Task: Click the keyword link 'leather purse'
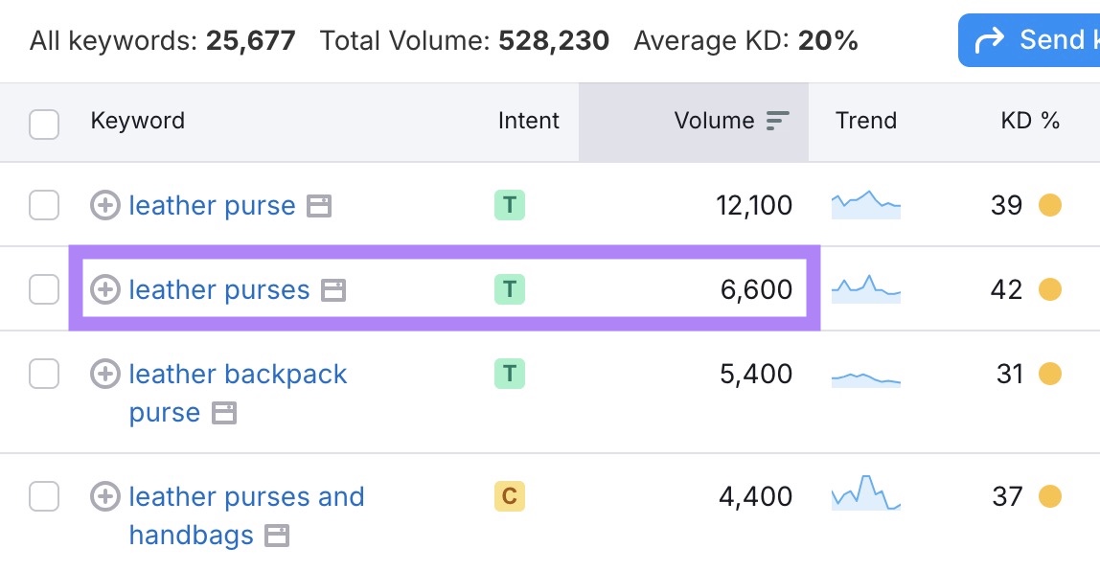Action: coord(212,205)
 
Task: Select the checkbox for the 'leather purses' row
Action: coord(44,289)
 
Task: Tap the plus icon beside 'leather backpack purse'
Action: coord(105,374)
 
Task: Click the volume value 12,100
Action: coord(754,205)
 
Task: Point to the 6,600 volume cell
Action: coord(756,289)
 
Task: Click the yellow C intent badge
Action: coord(510,496)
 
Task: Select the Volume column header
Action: coord(714,121)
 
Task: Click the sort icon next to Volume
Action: coord(778,121)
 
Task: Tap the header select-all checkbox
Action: coord(44,124)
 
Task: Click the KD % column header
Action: coord(1030,121)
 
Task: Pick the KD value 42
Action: coord(1006,289)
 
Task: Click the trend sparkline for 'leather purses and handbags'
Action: coord(866,492)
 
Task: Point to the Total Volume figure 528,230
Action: coord(554,40)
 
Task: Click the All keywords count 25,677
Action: coord(250,40)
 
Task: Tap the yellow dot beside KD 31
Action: coord(1050,374)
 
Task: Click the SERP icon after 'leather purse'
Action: coord(319,206)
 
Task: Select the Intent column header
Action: coord(528,121)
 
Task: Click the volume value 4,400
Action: coord(756,496)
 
